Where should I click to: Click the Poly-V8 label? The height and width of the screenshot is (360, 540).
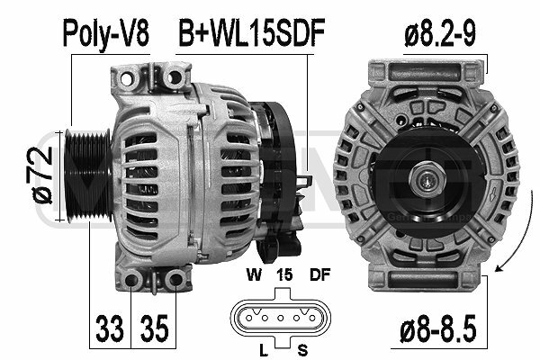coord(105,33)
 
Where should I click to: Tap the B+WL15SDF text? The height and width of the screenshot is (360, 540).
coord(252,32)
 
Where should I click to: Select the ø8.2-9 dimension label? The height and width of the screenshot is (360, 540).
coord(440,33)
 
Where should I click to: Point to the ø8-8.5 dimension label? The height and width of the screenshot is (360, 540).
coord(438,328)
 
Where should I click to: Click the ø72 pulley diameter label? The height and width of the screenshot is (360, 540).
coord(42,175)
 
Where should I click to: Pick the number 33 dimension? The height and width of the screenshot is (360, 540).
coord(110,328)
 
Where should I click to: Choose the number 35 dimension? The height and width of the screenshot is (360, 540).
coord(155,328)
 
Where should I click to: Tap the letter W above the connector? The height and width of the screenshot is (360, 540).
coord(254,274)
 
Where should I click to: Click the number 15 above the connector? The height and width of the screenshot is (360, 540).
coord(284,274)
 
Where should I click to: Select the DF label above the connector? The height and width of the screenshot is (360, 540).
coord(319,274)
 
